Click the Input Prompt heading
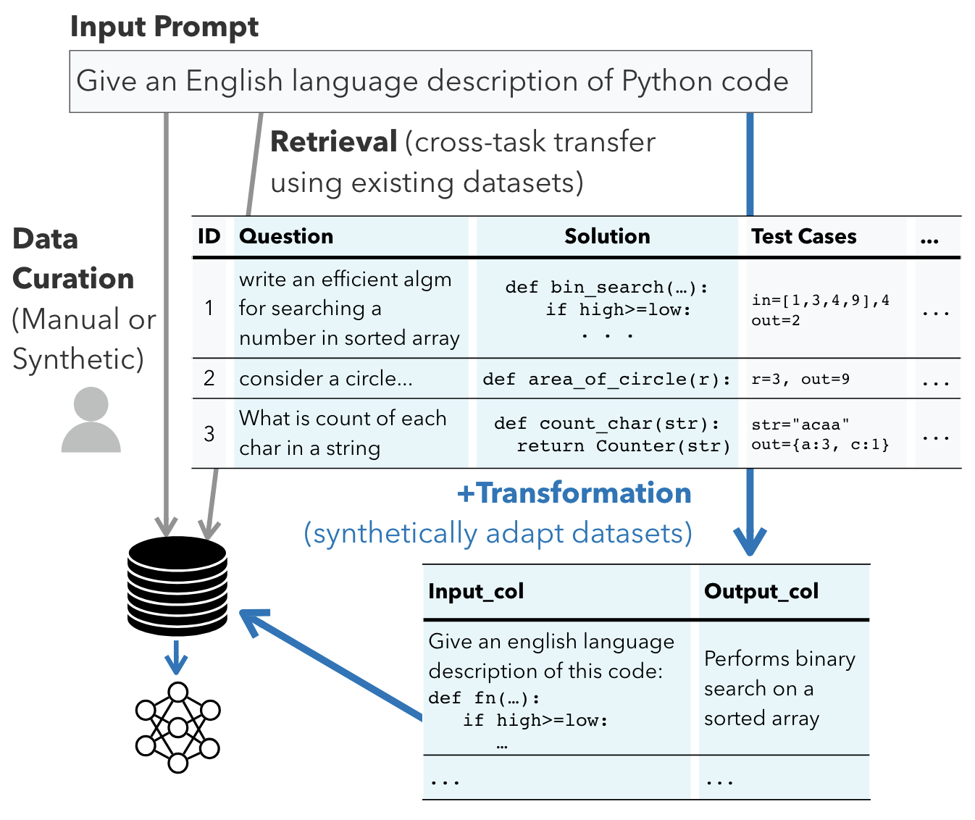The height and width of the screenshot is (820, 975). point(164,27)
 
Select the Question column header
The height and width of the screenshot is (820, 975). point(286,236)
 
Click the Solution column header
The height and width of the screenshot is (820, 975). point(607,236)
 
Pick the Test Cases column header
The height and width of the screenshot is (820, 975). point(803,236)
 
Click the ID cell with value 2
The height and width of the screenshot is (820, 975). point(209,378)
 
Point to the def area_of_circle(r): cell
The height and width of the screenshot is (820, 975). point(606,379)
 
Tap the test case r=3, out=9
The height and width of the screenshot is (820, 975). point(800,379)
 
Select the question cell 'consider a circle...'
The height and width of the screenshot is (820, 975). point(325,379)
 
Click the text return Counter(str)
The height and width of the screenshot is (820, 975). point(624,446)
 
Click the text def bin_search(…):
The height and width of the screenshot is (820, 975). point(606,287)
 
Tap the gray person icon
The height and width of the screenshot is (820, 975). point(91,419)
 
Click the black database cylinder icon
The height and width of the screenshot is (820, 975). point(177,586)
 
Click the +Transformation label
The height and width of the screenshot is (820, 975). point(574,493)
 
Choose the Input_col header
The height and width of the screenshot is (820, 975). point(476,592)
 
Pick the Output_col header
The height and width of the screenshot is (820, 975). point(761,592)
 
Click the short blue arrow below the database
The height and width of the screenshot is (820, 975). point(176,658)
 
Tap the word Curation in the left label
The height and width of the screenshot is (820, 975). point(73,279)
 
